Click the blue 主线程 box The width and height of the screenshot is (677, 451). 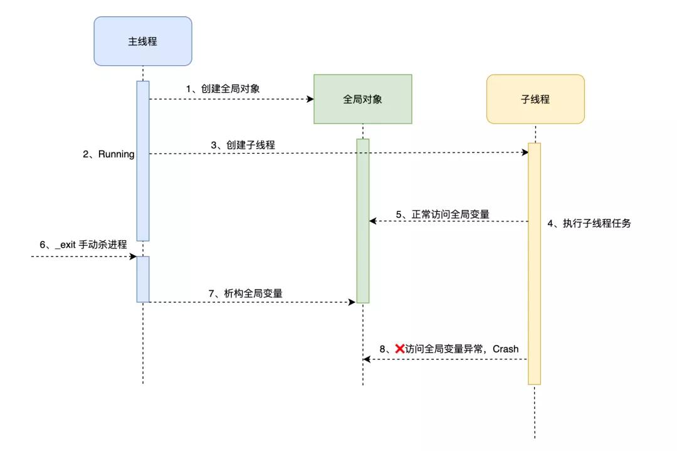[143, 41]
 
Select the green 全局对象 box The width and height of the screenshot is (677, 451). [362, 99]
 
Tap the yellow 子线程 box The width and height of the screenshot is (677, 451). [535, 99]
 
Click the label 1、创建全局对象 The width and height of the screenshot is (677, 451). [223, 88]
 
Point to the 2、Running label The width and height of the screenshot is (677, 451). [108, 154]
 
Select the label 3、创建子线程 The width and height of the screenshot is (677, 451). [242, 145]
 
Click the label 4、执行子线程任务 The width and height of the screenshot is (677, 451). [589, 223]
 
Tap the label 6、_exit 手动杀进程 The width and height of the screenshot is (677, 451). [83, 245]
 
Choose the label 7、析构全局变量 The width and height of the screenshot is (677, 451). [246, 293]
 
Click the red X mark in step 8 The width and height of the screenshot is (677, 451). [399, 348]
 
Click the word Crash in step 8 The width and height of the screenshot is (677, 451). [506, 349]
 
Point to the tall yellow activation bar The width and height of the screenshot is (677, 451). [534, 263]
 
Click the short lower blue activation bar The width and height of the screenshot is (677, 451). [143, 279]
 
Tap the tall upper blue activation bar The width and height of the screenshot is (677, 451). [143, 161]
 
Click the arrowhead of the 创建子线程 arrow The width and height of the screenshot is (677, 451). [525, 152]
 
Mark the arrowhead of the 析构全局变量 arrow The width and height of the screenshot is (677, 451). [352, 302]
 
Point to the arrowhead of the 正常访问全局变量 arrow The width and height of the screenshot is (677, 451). [373, 221]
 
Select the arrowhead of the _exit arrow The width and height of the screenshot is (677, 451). [133, 257]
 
